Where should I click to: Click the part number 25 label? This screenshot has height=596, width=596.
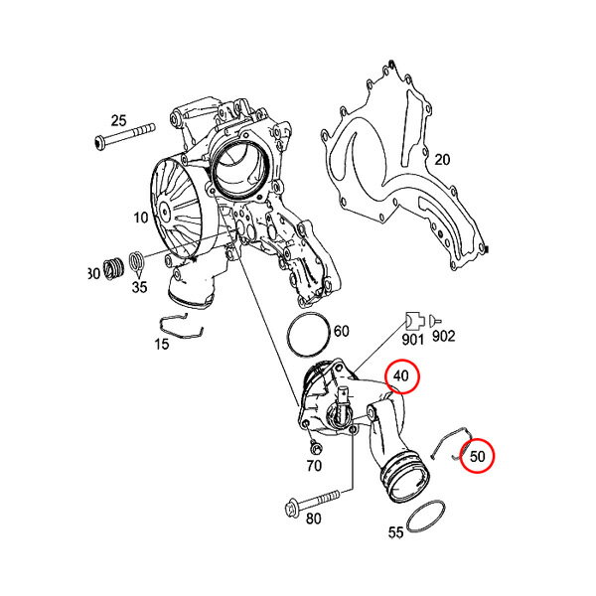coord(118,121)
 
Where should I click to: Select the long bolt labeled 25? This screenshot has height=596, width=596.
coord(125,137)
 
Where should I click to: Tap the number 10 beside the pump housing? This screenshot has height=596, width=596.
coord(140,218)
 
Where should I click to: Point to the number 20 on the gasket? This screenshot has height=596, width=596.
coord(442,160)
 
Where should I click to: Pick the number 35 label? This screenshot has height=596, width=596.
coord(139,287)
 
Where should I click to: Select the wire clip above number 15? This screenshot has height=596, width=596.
coord(182,326)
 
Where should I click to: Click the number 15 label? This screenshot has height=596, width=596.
coord(161,345)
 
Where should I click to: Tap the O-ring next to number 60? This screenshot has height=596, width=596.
coord(308,336)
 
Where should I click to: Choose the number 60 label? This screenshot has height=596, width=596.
coord(341,331)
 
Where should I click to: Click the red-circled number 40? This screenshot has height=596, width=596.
coord(400,375)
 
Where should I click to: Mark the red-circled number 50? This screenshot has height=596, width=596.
coord(478,456)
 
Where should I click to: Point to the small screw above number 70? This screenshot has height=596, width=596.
coord(315,447)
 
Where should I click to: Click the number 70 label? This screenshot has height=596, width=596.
coord(314,465)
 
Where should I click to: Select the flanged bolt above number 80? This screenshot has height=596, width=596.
coord(312,504)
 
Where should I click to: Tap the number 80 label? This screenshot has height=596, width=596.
coord(313,519)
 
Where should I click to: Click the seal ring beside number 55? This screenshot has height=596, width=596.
coord(426,518)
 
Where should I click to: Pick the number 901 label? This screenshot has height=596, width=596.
coord(412,340)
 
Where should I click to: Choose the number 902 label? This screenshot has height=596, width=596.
coord(444,336)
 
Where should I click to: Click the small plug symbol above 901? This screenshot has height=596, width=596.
coord(415,322)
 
